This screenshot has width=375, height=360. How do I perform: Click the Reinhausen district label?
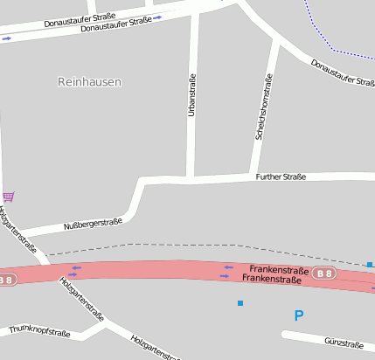89,82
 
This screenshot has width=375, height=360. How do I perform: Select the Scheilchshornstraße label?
260,107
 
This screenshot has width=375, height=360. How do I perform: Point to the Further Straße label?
281,177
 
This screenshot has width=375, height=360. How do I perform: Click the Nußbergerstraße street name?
93,225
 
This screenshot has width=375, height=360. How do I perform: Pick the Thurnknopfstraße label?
39,332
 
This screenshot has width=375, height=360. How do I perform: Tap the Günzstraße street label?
343,343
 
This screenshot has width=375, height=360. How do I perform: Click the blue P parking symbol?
299,315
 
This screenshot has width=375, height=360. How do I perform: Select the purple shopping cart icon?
8,196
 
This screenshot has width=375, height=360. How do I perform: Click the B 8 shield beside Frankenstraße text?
324,274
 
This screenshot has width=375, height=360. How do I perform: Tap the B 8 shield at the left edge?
6,280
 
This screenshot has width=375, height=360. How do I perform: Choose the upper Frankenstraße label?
279,269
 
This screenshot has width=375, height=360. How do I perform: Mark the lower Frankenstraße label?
271,280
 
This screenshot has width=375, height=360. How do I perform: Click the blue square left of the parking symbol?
240,303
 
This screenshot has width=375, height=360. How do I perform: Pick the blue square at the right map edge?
370,264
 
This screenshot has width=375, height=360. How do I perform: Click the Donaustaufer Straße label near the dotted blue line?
343,73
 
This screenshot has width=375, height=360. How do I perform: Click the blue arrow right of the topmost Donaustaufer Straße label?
157,17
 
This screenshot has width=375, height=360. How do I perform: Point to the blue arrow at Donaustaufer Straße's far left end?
7,38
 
